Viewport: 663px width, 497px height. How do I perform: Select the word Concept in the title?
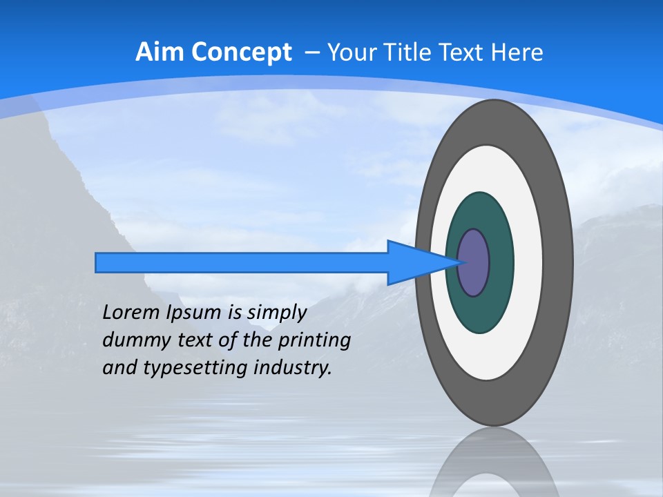point(241,52)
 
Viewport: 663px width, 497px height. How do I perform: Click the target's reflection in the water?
point(494,462)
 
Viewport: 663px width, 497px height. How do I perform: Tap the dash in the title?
point(311,52)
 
